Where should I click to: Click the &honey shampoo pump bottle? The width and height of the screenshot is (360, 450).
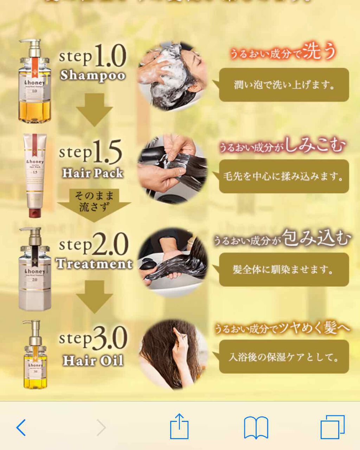point(35,83)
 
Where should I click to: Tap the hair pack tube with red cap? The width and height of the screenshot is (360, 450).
point(34,174)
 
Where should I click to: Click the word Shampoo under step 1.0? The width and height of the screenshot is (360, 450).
point(92,76)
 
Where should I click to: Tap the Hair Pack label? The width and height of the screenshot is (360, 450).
point(93,173)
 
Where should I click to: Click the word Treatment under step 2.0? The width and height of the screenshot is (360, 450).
point(94,264)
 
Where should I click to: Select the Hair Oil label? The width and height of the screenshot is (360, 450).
point(93,361)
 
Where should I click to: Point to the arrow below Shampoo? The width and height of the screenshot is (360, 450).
point(94,109)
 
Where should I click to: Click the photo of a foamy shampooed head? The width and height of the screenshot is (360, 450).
point(172,76)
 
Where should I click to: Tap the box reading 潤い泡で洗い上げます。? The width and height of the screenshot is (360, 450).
point(284,85)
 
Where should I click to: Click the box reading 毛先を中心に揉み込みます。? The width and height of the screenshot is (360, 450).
point(284,176)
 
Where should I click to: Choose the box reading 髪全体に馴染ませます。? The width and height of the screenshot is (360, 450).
point(284,269)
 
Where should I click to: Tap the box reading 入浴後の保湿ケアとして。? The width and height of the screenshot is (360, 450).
point(284,357)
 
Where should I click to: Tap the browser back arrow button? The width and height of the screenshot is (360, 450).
point(21,427)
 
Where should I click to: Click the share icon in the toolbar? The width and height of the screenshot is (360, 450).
point(179,426)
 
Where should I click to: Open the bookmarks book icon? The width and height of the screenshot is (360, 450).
point(256,427)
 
